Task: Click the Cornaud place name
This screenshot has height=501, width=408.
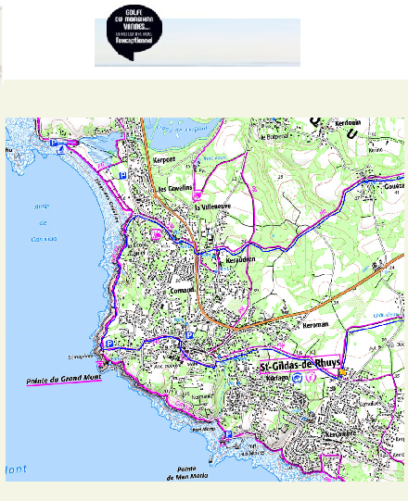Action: click(x=184, y=288)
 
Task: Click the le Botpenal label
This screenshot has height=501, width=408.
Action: click(x=275, y=137)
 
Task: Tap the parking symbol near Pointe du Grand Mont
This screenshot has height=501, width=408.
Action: click(x=112, y=343)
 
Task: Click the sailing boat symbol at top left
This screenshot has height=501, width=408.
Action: click(x=62, y=147)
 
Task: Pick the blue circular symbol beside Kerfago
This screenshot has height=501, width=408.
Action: click(x=296, y=379)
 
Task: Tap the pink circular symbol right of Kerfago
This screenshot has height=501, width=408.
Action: click(x=312, y=378)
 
